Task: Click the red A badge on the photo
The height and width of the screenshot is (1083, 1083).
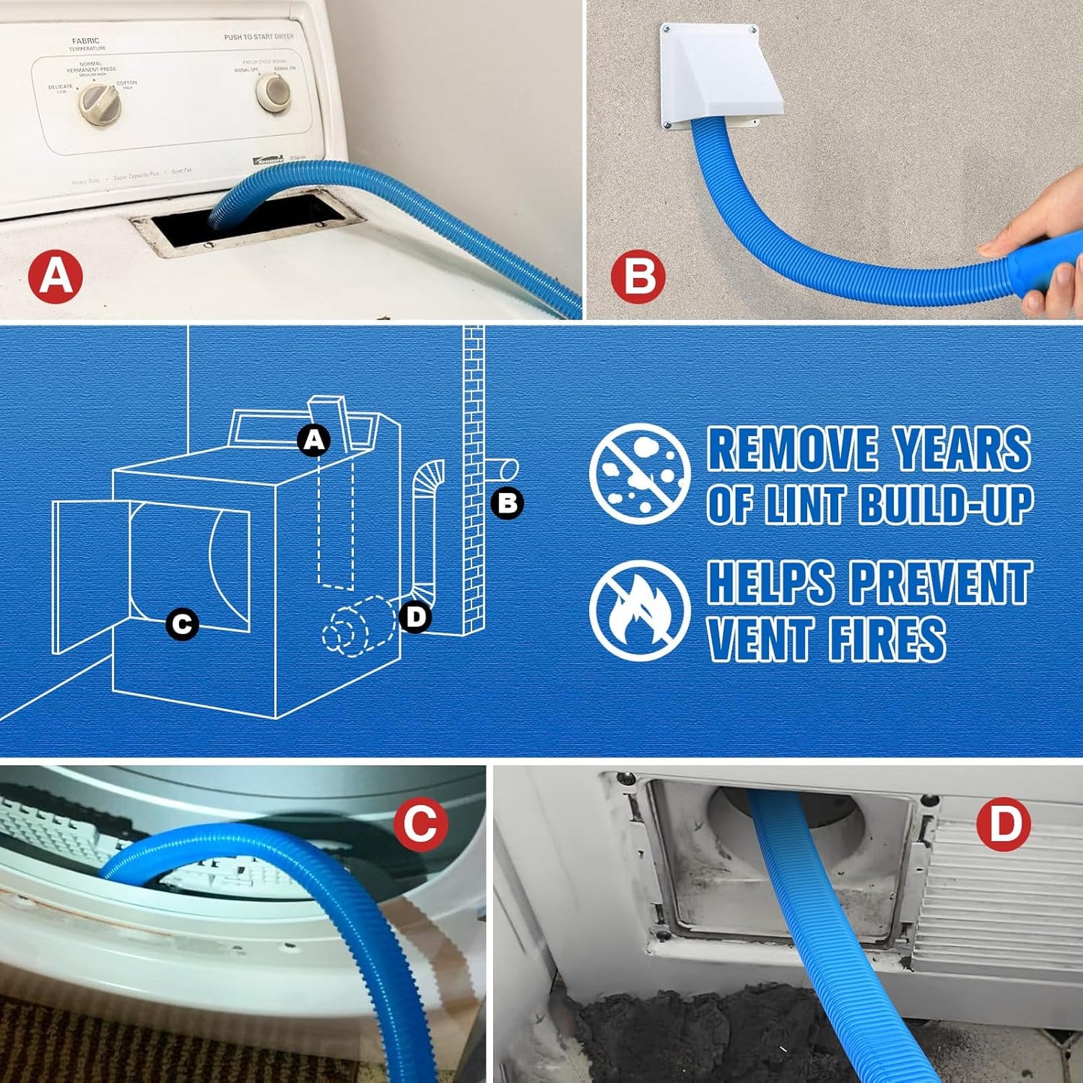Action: [x=55, y=277]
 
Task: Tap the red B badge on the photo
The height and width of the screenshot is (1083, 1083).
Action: [x=638, y=277]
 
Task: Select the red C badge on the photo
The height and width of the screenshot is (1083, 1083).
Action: [x=420, y=824]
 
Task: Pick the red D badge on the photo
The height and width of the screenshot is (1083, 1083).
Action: [x=1004, y=824]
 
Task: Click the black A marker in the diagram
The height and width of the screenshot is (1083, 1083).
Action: [x=314, y=440]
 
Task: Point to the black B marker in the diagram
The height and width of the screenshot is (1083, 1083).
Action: [x=507, y=503]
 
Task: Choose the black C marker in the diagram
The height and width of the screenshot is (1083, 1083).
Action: [x=182, y=624]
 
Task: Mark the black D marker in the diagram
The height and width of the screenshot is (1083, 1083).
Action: [x=415, y=617]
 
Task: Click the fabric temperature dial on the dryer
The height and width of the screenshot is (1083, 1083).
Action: [x=100, y=104]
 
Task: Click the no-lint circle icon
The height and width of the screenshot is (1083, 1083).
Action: [x=639, y=474]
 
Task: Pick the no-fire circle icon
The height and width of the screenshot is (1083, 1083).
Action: [x=639, y=610]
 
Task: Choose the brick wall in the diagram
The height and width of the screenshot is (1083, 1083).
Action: [x=474, y=480]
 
